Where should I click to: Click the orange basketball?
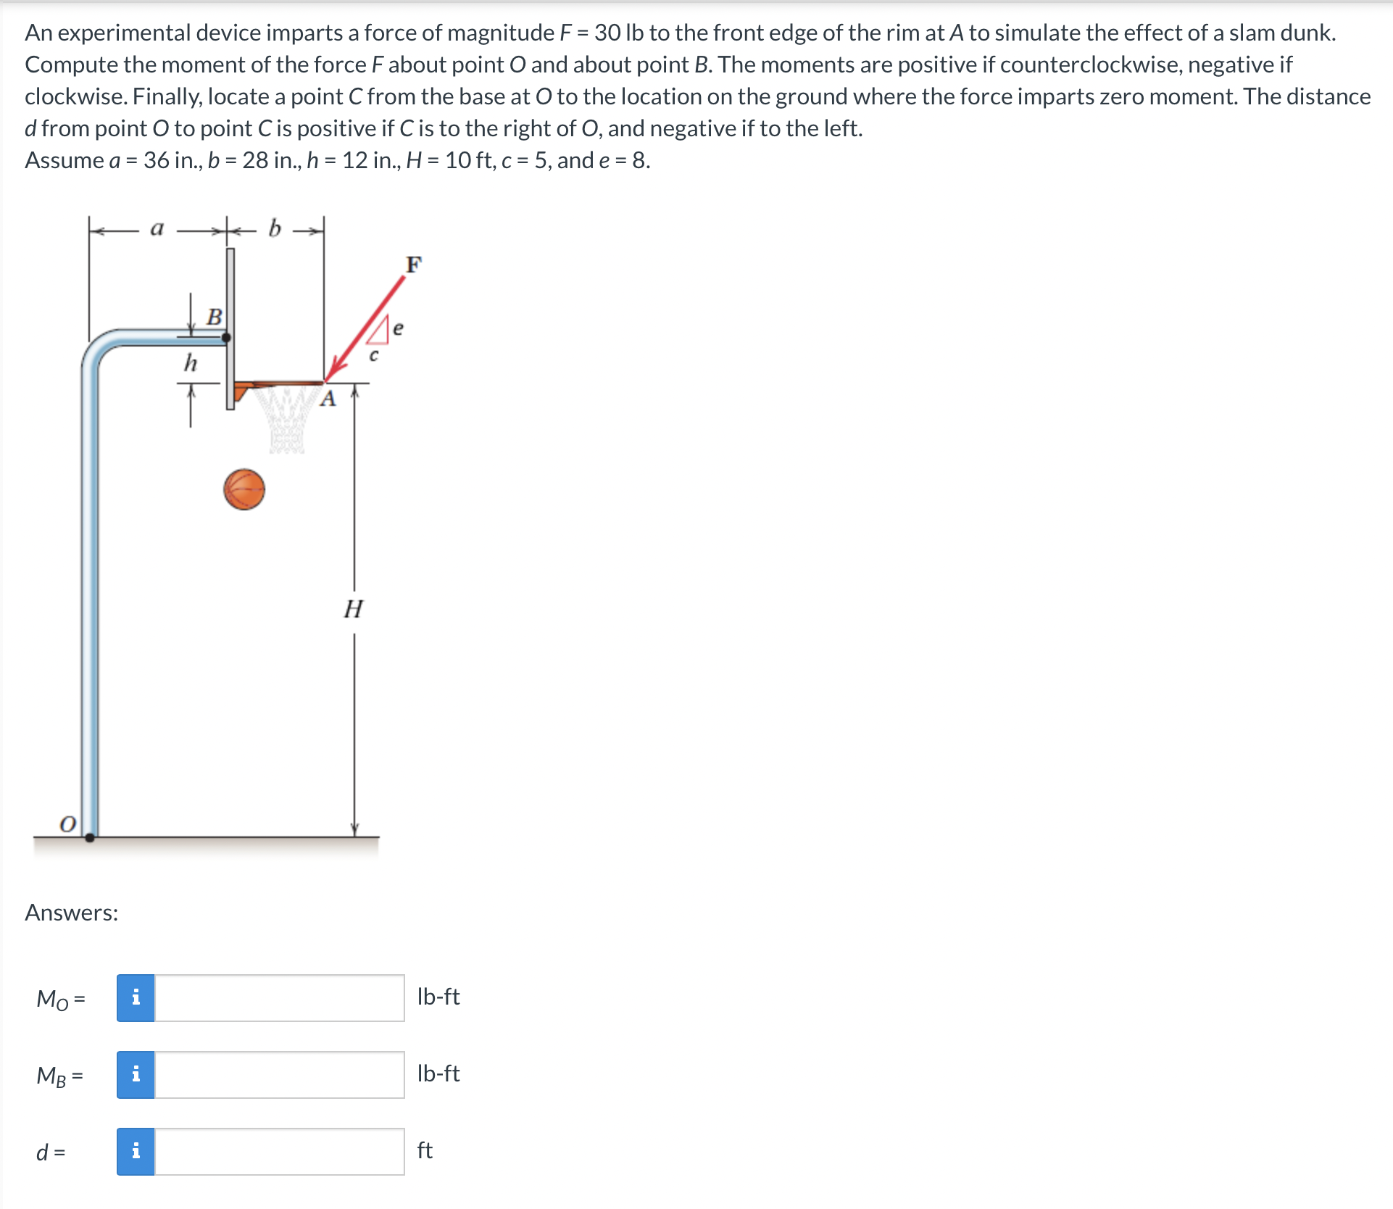pyautogui.click(x=244, y=490)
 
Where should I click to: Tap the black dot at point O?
pyautogui.click(x=90, y=837)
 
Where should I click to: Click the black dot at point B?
pyautogui.click(x=226, y=337)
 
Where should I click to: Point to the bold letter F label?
pyautogui.click(x=413, y=265)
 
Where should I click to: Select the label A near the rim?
pyautogui.click(x=328, y=399)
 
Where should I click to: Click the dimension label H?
pyautogui.click(x=353, y=609)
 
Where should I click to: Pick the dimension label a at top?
pyautogui.click(x=157, y=228)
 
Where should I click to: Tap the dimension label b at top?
pyautogui.click(x=274, y=228)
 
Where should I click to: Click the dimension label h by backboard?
pyautogui.click(x=190, y=362)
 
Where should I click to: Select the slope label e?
pyautogui.click(x=398, y=328)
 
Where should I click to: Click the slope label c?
pyautogui.click(x=373, y=355)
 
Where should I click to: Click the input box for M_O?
pyautogui.click(x=279, y=998)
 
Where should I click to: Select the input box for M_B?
pyautogui.click(x=279, y=1075)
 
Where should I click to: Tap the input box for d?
pyautogui.click(x=279, y=1152)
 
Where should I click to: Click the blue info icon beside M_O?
pyautogui.click(x=136, y=998)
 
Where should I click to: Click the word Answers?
pyautogui.click(x=71, y=913)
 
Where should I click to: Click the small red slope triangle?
pyautogui.click(x=381, y=333)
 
